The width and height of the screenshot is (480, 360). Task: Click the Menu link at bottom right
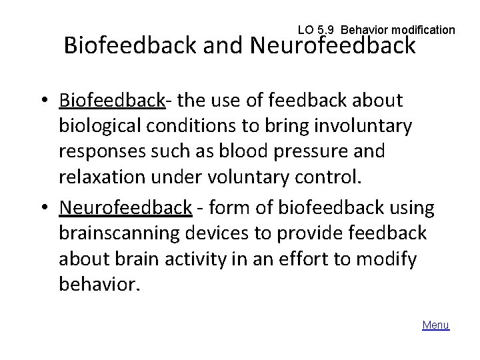coord(436,325)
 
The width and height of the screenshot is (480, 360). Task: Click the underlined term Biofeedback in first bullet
coord(111,100)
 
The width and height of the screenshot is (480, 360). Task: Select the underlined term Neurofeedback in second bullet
coord(125,208)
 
